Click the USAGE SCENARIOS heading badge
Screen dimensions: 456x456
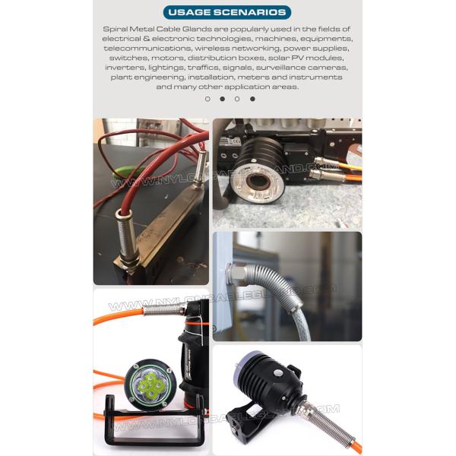point(227,12)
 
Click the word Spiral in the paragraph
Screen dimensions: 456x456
point(115,29)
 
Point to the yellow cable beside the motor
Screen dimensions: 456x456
point(349,166)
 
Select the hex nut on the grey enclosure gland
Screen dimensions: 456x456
point(236,275)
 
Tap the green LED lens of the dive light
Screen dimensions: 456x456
point(150,385)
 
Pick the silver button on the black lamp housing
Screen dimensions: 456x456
point(278,373)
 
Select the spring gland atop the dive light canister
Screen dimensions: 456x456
point(165,309)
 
